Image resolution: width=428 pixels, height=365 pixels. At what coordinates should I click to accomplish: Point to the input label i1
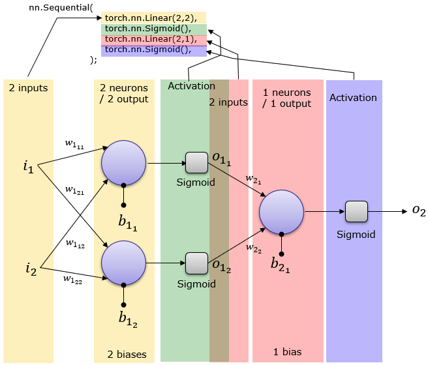point(28,168)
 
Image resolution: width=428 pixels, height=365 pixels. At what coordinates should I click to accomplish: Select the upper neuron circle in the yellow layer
point(124,162)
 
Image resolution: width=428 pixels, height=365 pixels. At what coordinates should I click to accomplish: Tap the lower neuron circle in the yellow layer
point(123,262)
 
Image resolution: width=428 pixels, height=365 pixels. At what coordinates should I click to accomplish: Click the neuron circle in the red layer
point(281,211)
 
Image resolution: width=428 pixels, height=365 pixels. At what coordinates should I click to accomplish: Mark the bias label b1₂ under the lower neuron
point(127,319)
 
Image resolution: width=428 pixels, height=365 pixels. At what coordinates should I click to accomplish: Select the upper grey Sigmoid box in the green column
point(196,162)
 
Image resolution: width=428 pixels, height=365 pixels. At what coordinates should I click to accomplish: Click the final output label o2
point(418,211)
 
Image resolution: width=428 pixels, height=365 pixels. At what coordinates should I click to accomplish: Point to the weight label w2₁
point(254,179)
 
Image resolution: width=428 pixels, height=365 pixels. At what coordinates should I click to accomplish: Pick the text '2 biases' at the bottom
point(127,355)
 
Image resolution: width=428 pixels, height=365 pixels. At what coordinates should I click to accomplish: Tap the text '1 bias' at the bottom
point(287,352)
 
